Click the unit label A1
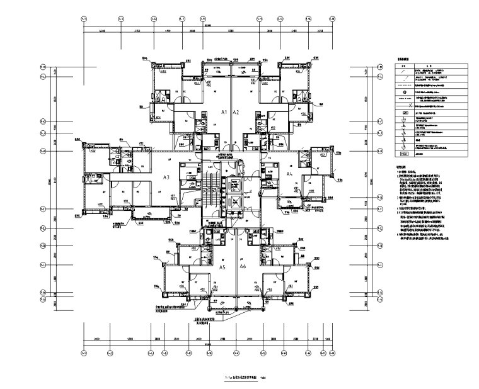[x=223, y=111]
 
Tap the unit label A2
[x=236, y=111]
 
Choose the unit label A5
[x=222, y=268]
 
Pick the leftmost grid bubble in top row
[x=84, y=19]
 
